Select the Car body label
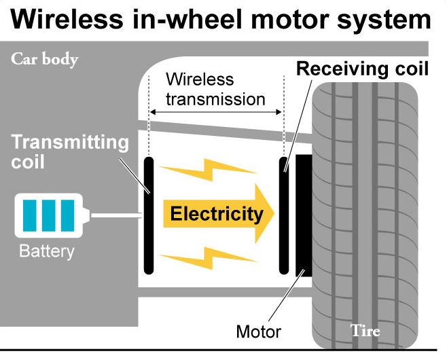45,59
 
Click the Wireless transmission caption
215,89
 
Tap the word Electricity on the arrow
216,215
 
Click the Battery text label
46,251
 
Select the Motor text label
258,332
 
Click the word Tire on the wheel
365,331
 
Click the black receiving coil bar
285,215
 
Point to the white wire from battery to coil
115,216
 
